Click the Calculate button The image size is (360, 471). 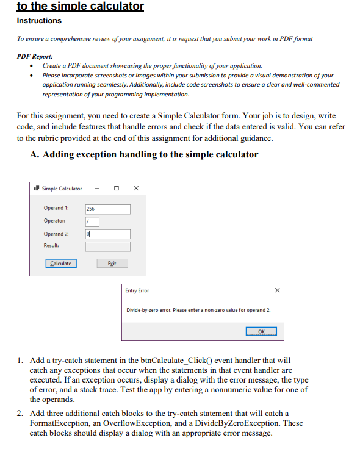point(60,264)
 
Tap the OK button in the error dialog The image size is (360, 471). point(262,331)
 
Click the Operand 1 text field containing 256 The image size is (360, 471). point(107,209)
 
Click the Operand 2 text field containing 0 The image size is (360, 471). point(107,234)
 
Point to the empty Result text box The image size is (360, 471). point(107,246)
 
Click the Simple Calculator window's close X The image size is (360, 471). point(135,188)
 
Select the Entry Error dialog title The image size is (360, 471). point(137,290)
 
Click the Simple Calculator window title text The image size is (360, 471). point(62,189)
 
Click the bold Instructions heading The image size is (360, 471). point(39,21)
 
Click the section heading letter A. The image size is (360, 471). point(34,154)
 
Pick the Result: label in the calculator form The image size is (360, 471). point(51,245)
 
